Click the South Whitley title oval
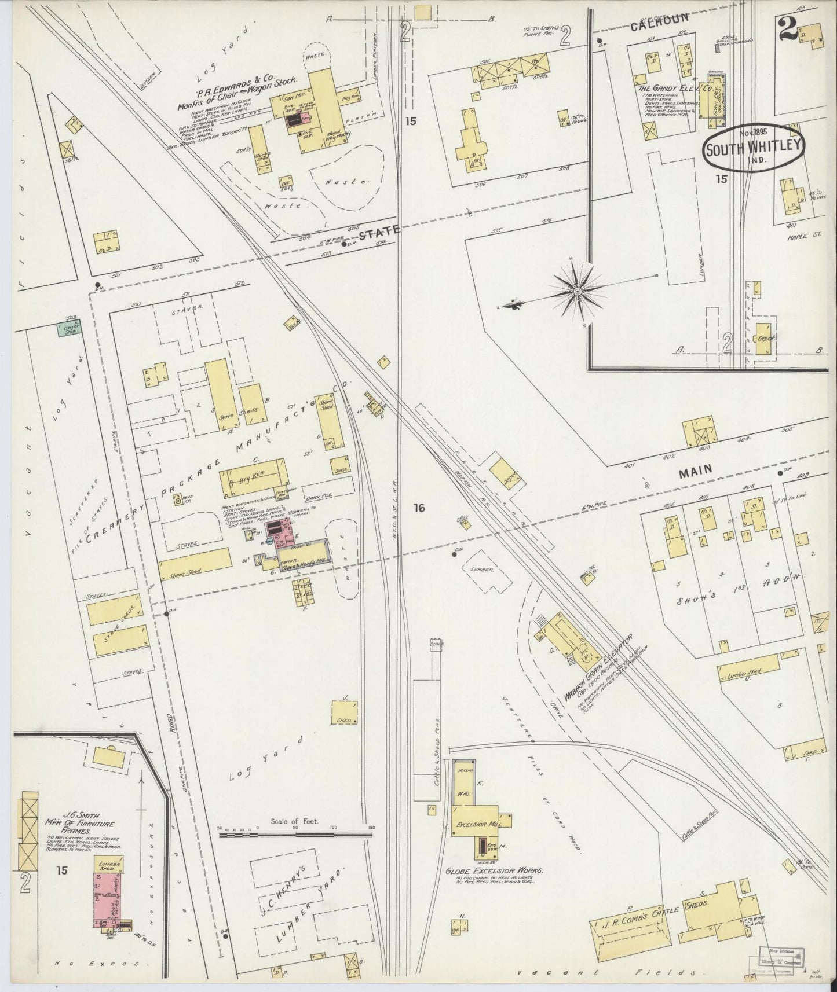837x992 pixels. (754, 147)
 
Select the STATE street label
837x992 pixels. (379, 232)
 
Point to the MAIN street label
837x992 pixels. (695, 471)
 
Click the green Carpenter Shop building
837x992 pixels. (69, 328)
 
